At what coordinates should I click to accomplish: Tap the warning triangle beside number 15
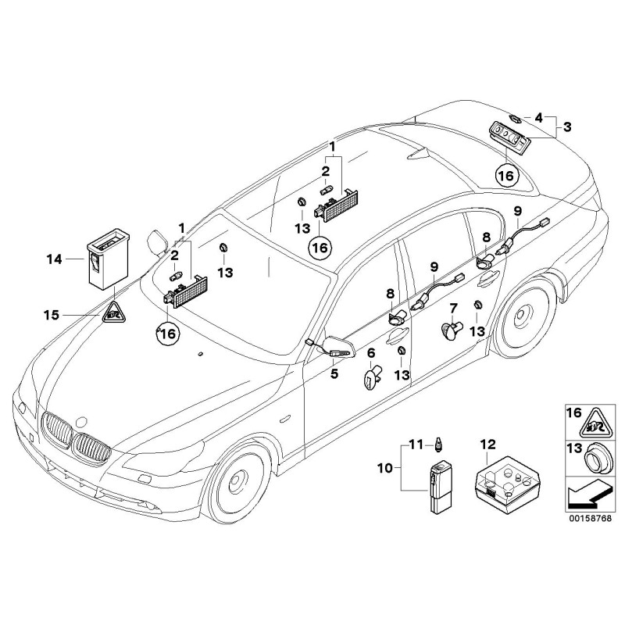coord(114,315)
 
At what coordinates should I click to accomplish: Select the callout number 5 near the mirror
coord(334,373)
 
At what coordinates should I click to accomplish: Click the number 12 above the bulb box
coord(487,445)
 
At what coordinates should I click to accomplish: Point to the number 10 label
coord(384,469)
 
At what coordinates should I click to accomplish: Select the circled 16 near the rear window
coord(505,177)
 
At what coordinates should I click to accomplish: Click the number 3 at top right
coord(567,126)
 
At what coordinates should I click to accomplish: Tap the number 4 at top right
coord(539,117)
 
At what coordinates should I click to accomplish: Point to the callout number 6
coord(372,353)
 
